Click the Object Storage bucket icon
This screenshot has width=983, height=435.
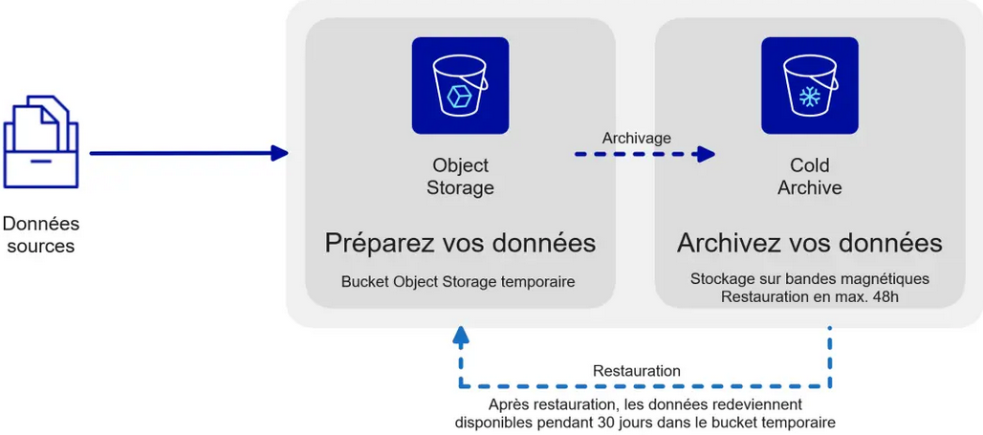[x=460, y=85]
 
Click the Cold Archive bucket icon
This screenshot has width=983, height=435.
[x=809, y=85]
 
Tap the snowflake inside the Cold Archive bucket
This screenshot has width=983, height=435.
[x=810, y=97]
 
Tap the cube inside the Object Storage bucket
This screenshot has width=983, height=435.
[x=460, y=96]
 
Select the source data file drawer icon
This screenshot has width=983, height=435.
[x=40, y=143]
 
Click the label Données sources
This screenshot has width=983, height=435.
[x=40, y=234]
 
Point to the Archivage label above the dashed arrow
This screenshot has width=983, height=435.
[x=636, y=139]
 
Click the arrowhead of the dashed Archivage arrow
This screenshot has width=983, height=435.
[x=706, y=154]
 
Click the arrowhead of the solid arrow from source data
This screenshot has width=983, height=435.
[x=279, y=153]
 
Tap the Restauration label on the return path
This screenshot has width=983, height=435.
[x=636, y=371]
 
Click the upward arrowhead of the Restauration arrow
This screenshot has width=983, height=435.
[x=461, y=335]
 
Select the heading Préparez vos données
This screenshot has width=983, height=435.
[x=460, y=243]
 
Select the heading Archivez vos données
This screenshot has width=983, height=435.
[x=809, y=243]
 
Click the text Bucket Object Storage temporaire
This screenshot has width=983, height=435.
[x=458, y=282]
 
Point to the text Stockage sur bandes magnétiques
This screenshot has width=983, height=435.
[x=809, y=279]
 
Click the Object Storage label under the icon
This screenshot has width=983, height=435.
[x=460, y=177]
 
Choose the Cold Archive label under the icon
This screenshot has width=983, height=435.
[x=809, y=177]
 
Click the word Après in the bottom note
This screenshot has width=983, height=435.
[x=510, y=404]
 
